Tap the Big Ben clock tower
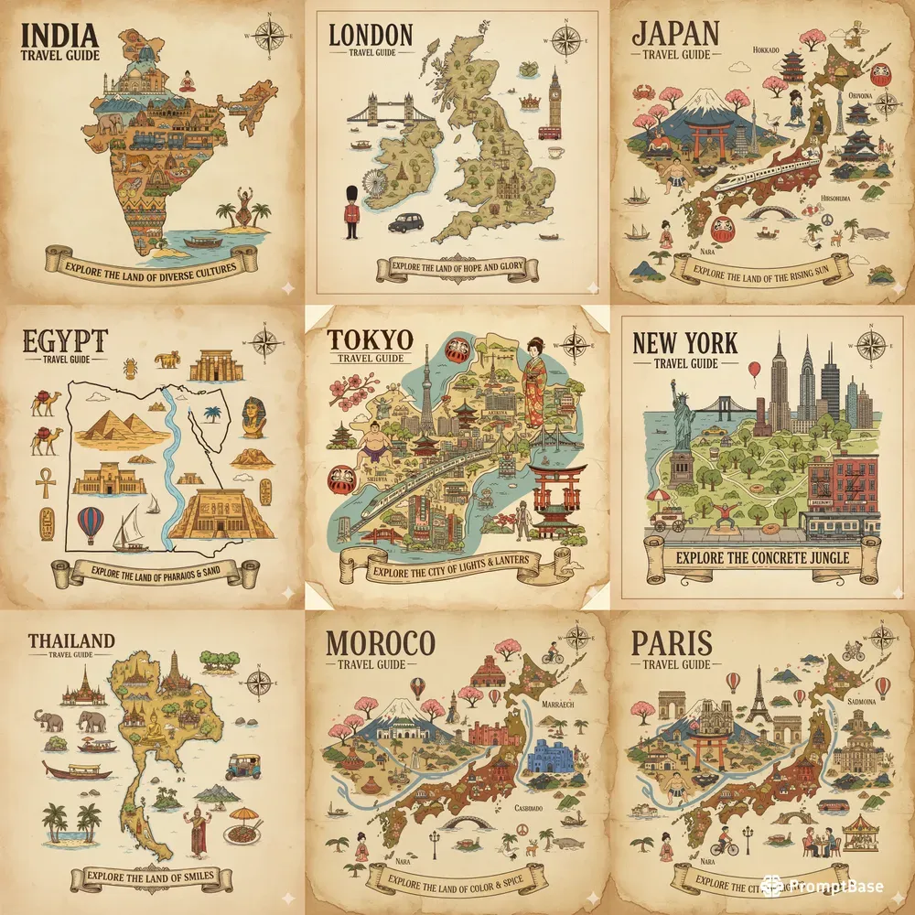[x=554, y=101]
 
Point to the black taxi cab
[x=405, y=222]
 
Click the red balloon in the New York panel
[x=754, y=370]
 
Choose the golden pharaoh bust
[x=253, y=417]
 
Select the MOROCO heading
[x=381, y=643]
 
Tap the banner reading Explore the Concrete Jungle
[x=762, y=556]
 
